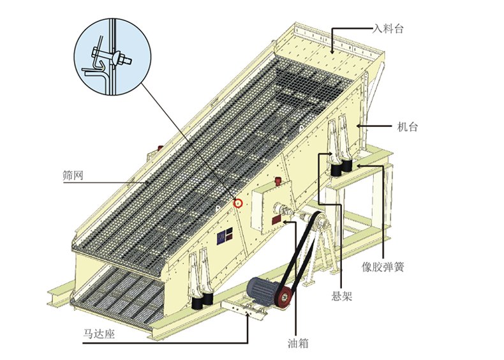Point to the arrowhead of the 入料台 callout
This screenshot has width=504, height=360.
click(332, 49)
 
